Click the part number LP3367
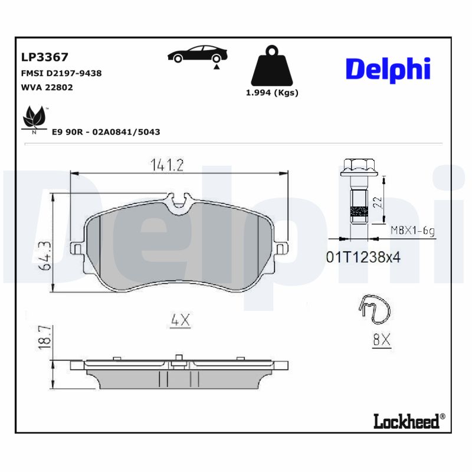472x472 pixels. (x=45, y=57)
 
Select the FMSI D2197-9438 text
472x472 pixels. (x=61, y=73)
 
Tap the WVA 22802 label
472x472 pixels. (x=47, y=87)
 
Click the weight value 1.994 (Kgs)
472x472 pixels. (x=272, y=93)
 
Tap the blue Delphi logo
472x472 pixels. (x=388, y=70)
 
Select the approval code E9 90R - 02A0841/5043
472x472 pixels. (x=106, y=132)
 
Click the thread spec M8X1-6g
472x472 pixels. (x=412, y=231)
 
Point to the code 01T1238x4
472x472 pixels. (x=363, y=257)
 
